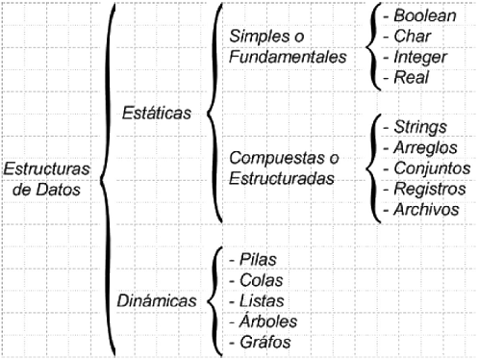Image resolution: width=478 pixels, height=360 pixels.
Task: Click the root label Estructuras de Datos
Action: coord(47,178)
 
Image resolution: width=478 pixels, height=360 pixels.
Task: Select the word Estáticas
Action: coord(157,112)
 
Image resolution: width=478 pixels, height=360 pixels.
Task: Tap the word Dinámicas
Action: coord(157,300)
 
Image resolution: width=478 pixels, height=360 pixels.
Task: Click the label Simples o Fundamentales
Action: coord(288,47)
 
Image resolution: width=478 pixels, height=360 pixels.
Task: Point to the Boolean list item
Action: coord(416,16)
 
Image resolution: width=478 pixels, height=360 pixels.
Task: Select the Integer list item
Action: coord(413,58)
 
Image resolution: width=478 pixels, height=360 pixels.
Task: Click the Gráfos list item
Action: coord(258,342)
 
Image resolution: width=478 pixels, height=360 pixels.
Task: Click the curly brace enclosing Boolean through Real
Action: coord(371,47)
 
